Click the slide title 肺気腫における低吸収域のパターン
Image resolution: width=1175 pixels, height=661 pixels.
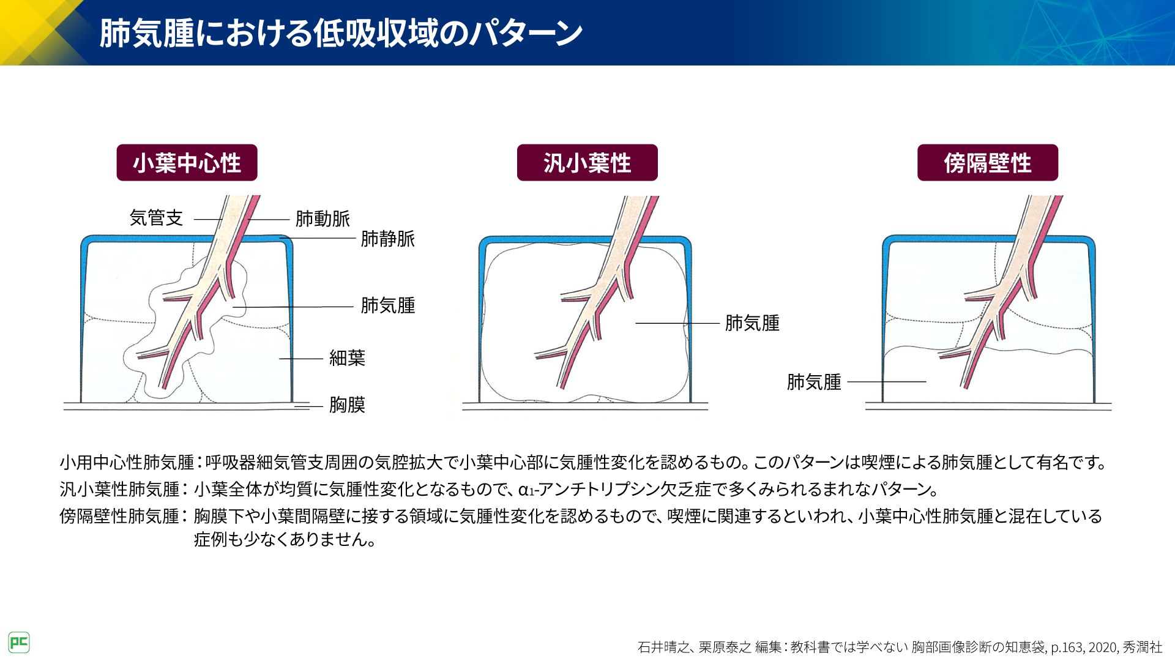tap(341, 33)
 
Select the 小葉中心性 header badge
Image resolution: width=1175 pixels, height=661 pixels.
tap(187, 163)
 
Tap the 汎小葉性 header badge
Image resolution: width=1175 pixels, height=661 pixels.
tap(587, 163)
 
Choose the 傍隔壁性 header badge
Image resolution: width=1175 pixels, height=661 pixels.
tap(988, 163)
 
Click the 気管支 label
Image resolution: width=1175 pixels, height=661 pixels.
tap(156, 218)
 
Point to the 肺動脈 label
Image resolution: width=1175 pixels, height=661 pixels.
tap(323, 218)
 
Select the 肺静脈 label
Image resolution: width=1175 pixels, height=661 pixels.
tap(388, 239)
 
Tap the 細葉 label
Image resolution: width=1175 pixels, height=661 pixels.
tap(347, 358)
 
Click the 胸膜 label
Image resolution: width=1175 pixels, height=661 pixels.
tap(347, 405)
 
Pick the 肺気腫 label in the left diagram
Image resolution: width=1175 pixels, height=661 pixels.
tap(388, 305)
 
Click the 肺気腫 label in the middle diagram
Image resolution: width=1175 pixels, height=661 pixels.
tap(752, 323)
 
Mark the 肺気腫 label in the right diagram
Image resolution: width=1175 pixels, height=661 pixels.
tap(814, 382)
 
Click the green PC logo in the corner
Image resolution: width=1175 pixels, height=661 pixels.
tap(19, 643)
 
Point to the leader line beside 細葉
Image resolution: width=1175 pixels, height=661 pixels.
tap(301, 359)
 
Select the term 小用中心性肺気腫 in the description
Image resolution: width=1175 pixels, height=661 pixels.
tap(127, 463)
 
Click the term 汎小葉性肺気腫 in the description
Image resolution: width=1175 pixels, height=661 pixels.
tap(119, 490)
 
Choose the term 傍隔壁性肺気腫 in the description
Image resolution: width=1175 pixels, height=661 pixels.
tap(119, 517)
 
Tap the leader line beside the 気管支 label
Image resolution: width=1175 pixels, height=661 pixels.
tap(209, 219)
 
